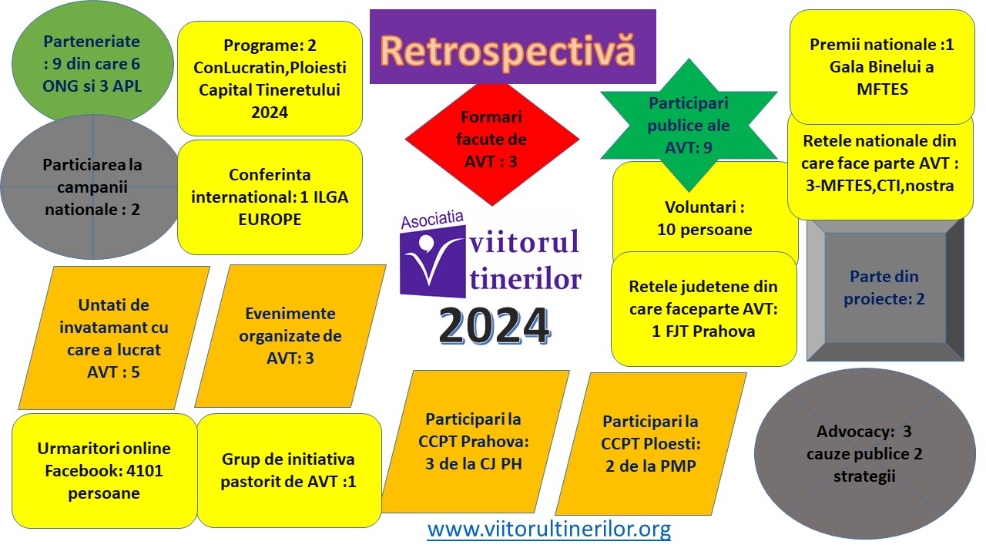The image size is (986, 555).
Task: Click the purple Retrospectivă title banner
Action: [513, 46]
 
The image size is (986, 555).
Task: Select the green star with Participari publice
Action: [689, 126]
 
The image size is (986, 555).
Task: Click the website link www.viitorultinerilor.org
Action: [549, 529]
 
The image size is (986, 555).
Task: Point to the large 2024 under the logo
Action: [495, 326]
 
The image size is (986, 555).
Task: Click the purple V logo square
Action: [433, 261]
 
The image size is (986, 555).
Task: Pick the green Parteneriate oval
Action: [92, 63]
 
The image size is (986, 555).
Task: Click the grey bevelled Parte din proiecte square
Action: [885, 289]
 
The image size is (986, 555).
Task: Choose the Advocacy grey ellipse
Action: [865, 454]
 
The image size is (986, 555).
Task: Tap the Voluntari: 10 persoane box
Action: [705, 218]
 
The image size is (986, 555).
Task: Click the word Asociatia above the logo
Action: [432, 220]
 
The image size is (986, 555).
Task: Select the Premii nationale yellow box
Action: [882, 67]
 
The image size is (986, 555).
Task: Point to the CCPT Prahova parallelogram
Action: [475, 442]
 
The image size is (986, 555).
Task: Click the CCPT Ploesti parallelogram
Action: [651, 443]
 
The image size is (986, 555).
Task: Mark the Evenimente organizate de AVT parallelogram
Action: [290, 335]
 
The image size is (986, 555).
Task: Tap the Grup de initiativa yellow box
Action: [289, 470]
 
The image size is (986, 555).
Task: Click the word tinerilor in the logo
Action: [525, 280]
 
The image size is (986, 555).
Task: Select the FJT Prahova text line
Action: [703, 331]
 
